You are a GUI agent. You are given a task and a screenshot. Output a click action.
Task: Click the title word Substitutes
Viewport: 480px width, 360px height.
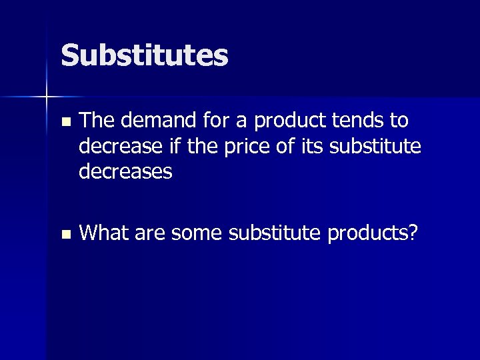pyautogui.click(x=144, y=55)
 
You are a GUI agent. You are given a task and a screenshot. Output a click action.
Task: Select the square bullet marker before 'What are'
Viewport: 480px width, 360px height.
pyautogui.click(x=64, y=235)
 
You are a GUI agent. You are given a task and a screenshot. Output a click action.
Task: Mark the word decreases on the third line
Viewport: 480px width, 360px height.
pyautogui.click(x=125, y=172)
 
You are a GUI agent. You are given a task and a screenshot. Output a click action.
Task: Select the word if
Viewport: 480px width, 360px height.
pyautogui.click(x=170, y=146)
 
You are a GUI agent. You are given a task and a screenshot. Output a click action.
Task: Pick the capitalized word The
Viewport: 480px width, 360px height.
pyautogui.click(x=98, y=121)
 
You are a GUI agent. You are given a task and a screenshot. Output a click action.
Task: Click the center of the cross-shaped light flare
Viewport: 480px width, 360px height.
pyautogui.click(x=47, y=97)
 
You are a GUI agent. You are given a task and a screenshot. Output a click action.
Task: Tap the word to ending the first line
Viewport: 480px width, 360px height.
pyautogui.click(x=398, y=121)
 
